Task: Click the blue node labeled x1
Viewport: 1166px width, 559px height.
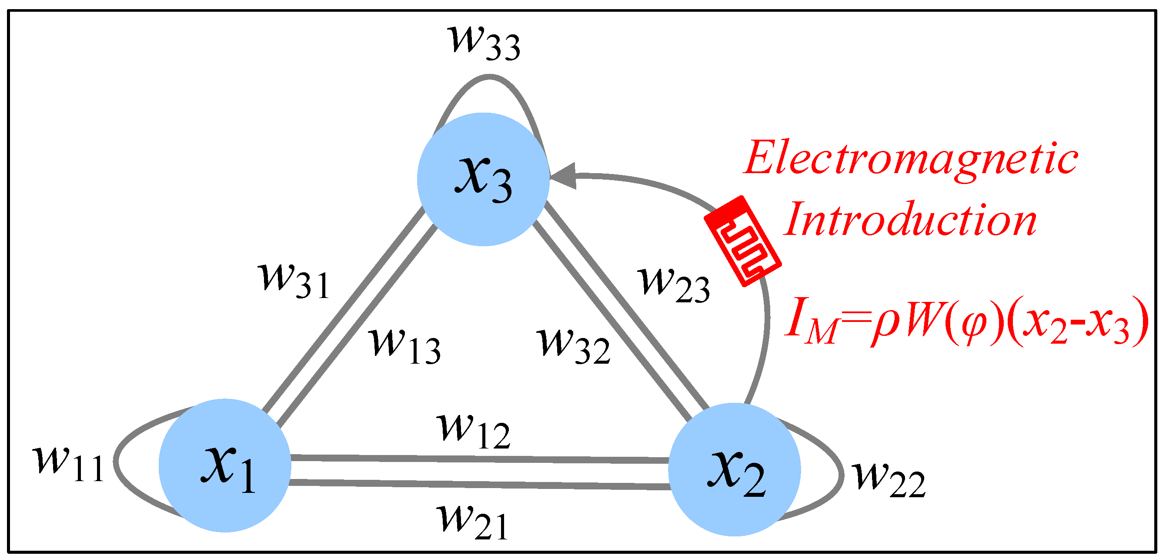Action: pos(224,465)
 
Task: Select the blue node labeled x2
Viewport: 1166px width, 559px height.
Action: pos(734,469)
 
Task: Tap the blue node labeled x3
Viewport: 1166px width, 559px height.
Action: pos(483,179)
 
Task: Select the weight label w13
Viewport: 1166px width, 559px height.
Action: pos(404,346)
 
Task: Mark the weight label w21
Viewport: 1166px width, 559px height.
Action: pos(473,522)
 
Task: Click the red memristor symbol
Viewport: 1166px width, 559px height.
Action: pos(742,241)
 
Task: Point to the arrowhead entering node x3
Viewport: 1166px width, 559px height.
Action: pos(564,176)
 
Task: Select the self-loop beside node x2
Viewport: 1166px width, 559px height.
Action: pos(841,475)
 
